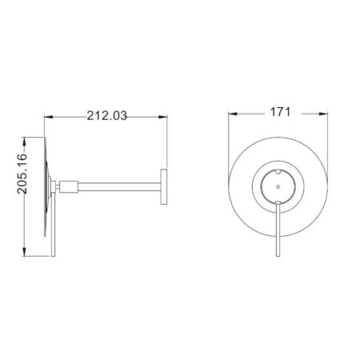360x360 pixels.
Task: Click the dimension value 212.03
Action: coord(106,115)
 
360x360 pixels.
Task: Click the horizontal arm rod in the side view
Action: coord(120,187)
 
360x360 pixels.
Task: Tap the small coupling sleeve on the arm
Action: coord(70,187)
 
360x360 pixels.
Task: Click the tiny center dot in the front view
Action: coord(277,186)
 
